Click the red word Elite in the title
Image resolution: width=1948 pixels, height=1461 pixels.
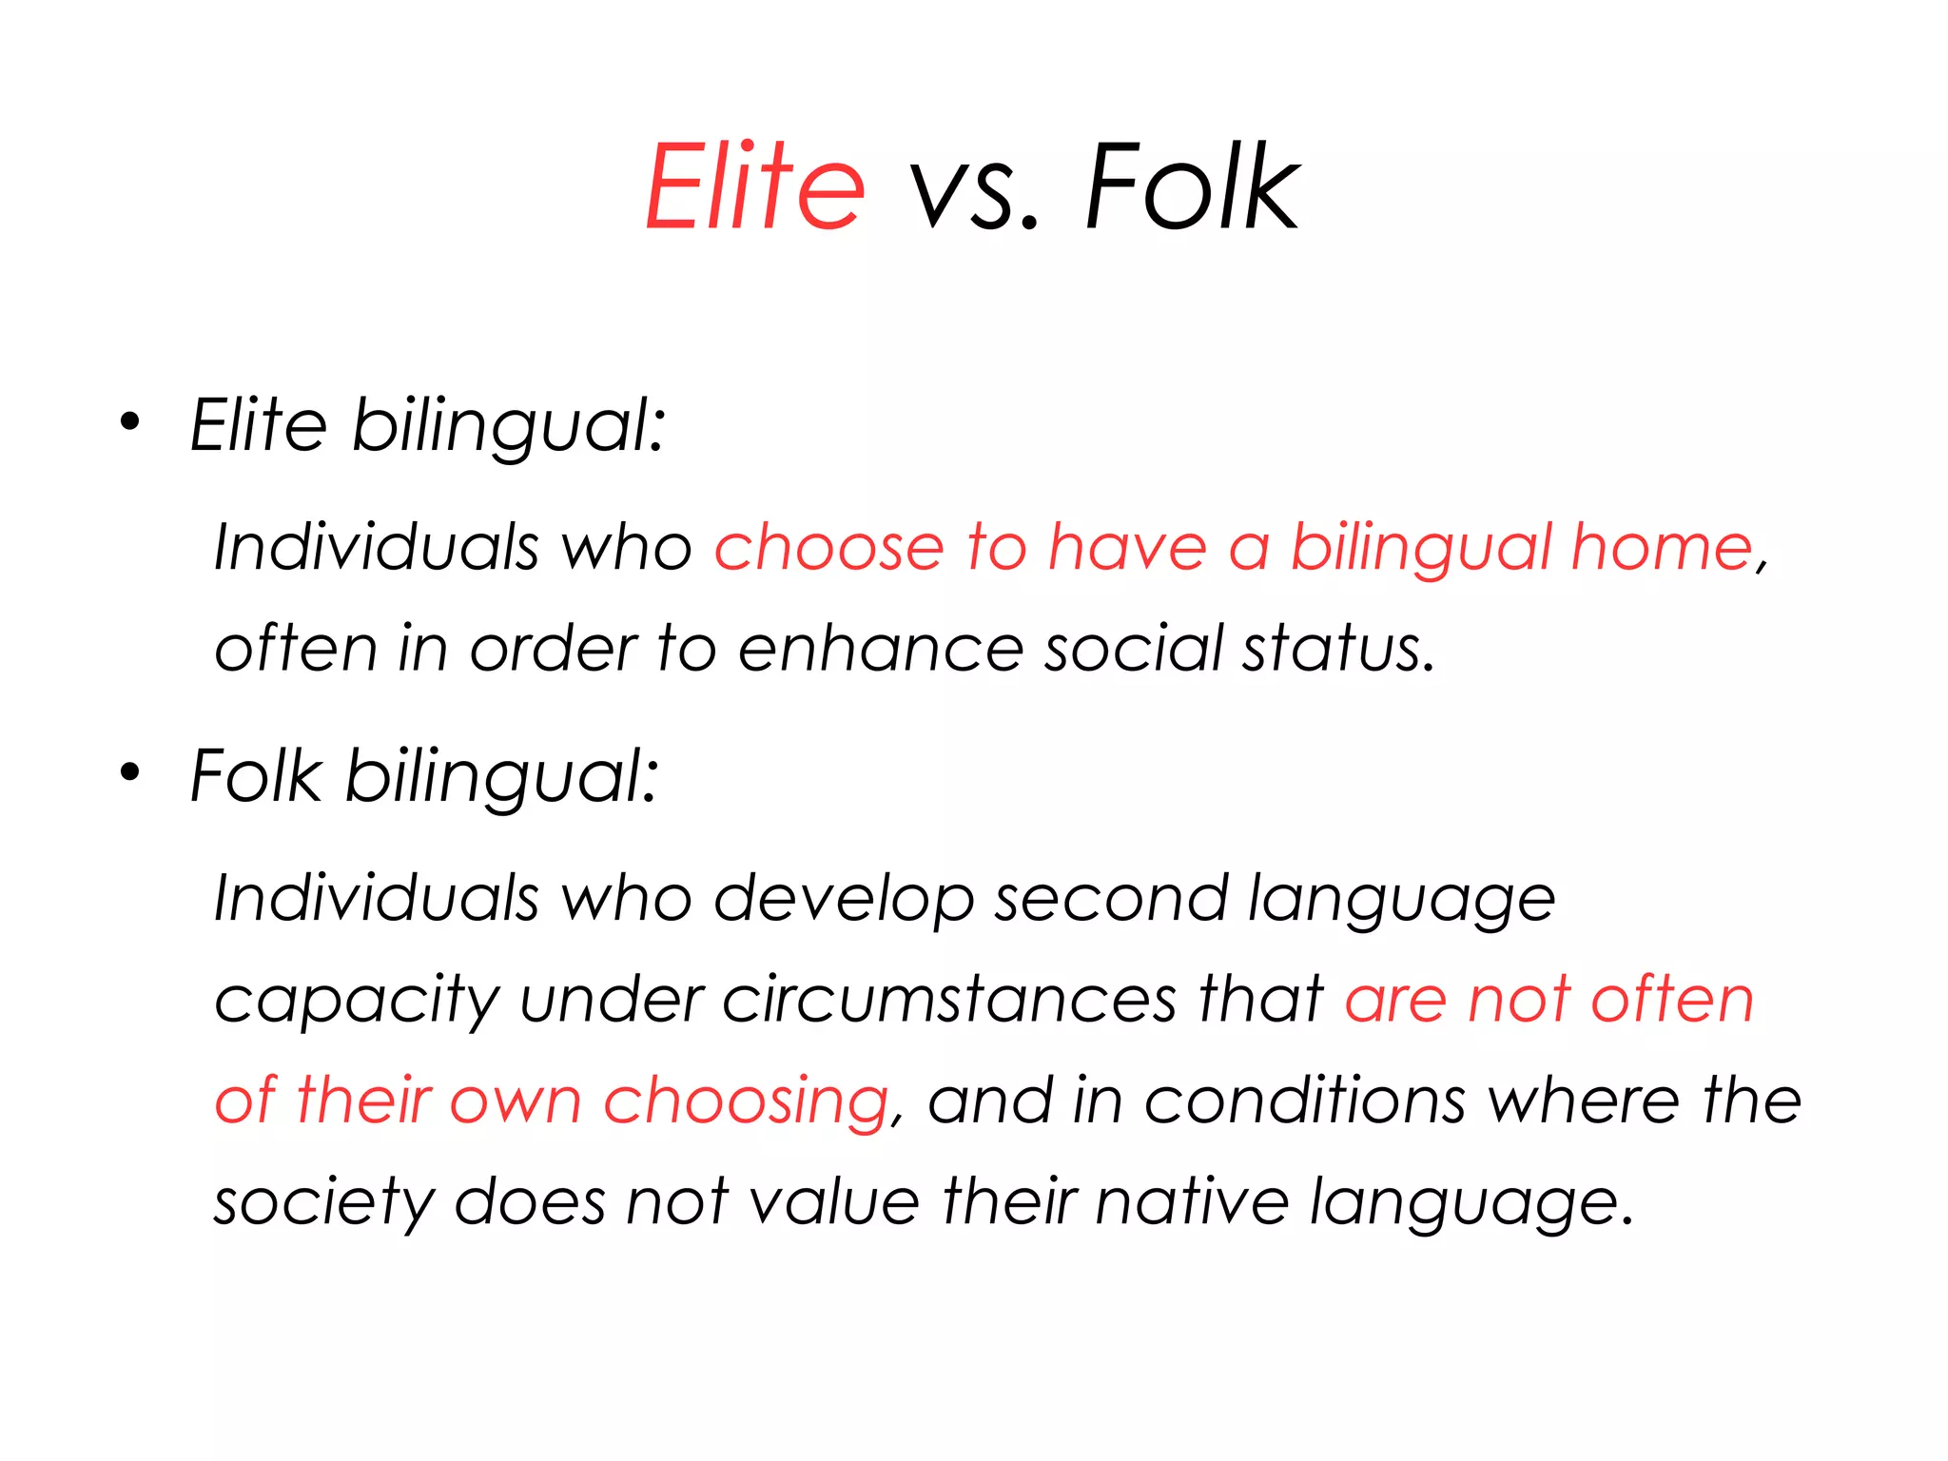[x=755, y=186]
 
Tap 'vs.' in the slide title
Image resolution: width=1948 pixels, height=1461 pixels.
[x=973, y=190]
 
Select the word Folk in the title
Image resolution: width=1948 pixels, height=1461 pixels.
[x=1192, y=186]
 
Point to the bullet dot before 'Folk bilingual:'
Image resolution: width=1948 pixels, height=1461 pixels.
[x=129, y=772]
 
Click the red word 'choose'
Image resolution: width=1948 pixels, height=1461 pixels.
[x=828, y=548]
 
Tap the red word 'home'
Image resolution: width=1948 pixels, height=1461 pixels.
[x=1661, y=548]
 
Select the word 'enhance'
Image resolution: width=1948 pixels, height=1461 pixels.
[x=880, y=649]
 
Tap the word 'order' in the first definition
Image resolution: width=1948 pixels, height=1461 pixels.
[x=554, y=649]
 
